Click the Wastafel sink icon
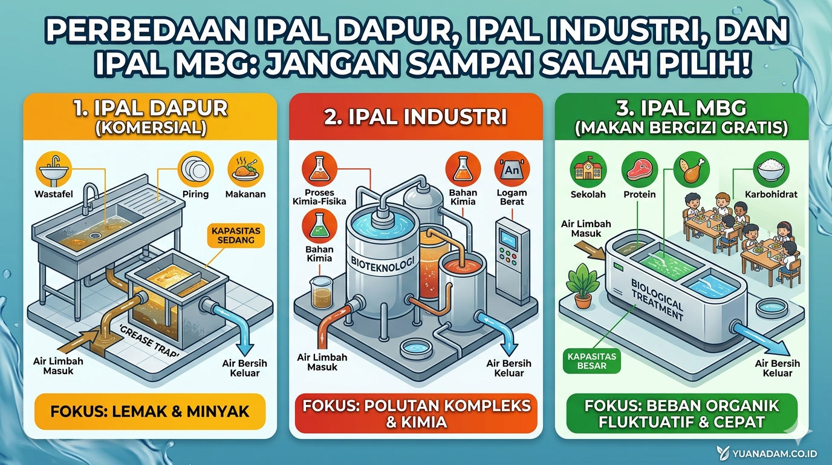(x=54, y=168)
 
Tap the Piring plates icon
(x=195, y=168)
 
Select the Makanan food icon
(x=245, y=168)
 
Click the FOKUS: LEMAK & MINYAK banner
(x=150, y=412)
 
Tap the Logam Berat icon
(x=512, y=168)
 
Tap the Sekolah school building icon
(x=588, y=169)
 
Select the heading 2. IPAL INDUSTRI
(x=415, y=117)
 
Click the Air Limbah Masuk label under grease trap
(x=59, y=366)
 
